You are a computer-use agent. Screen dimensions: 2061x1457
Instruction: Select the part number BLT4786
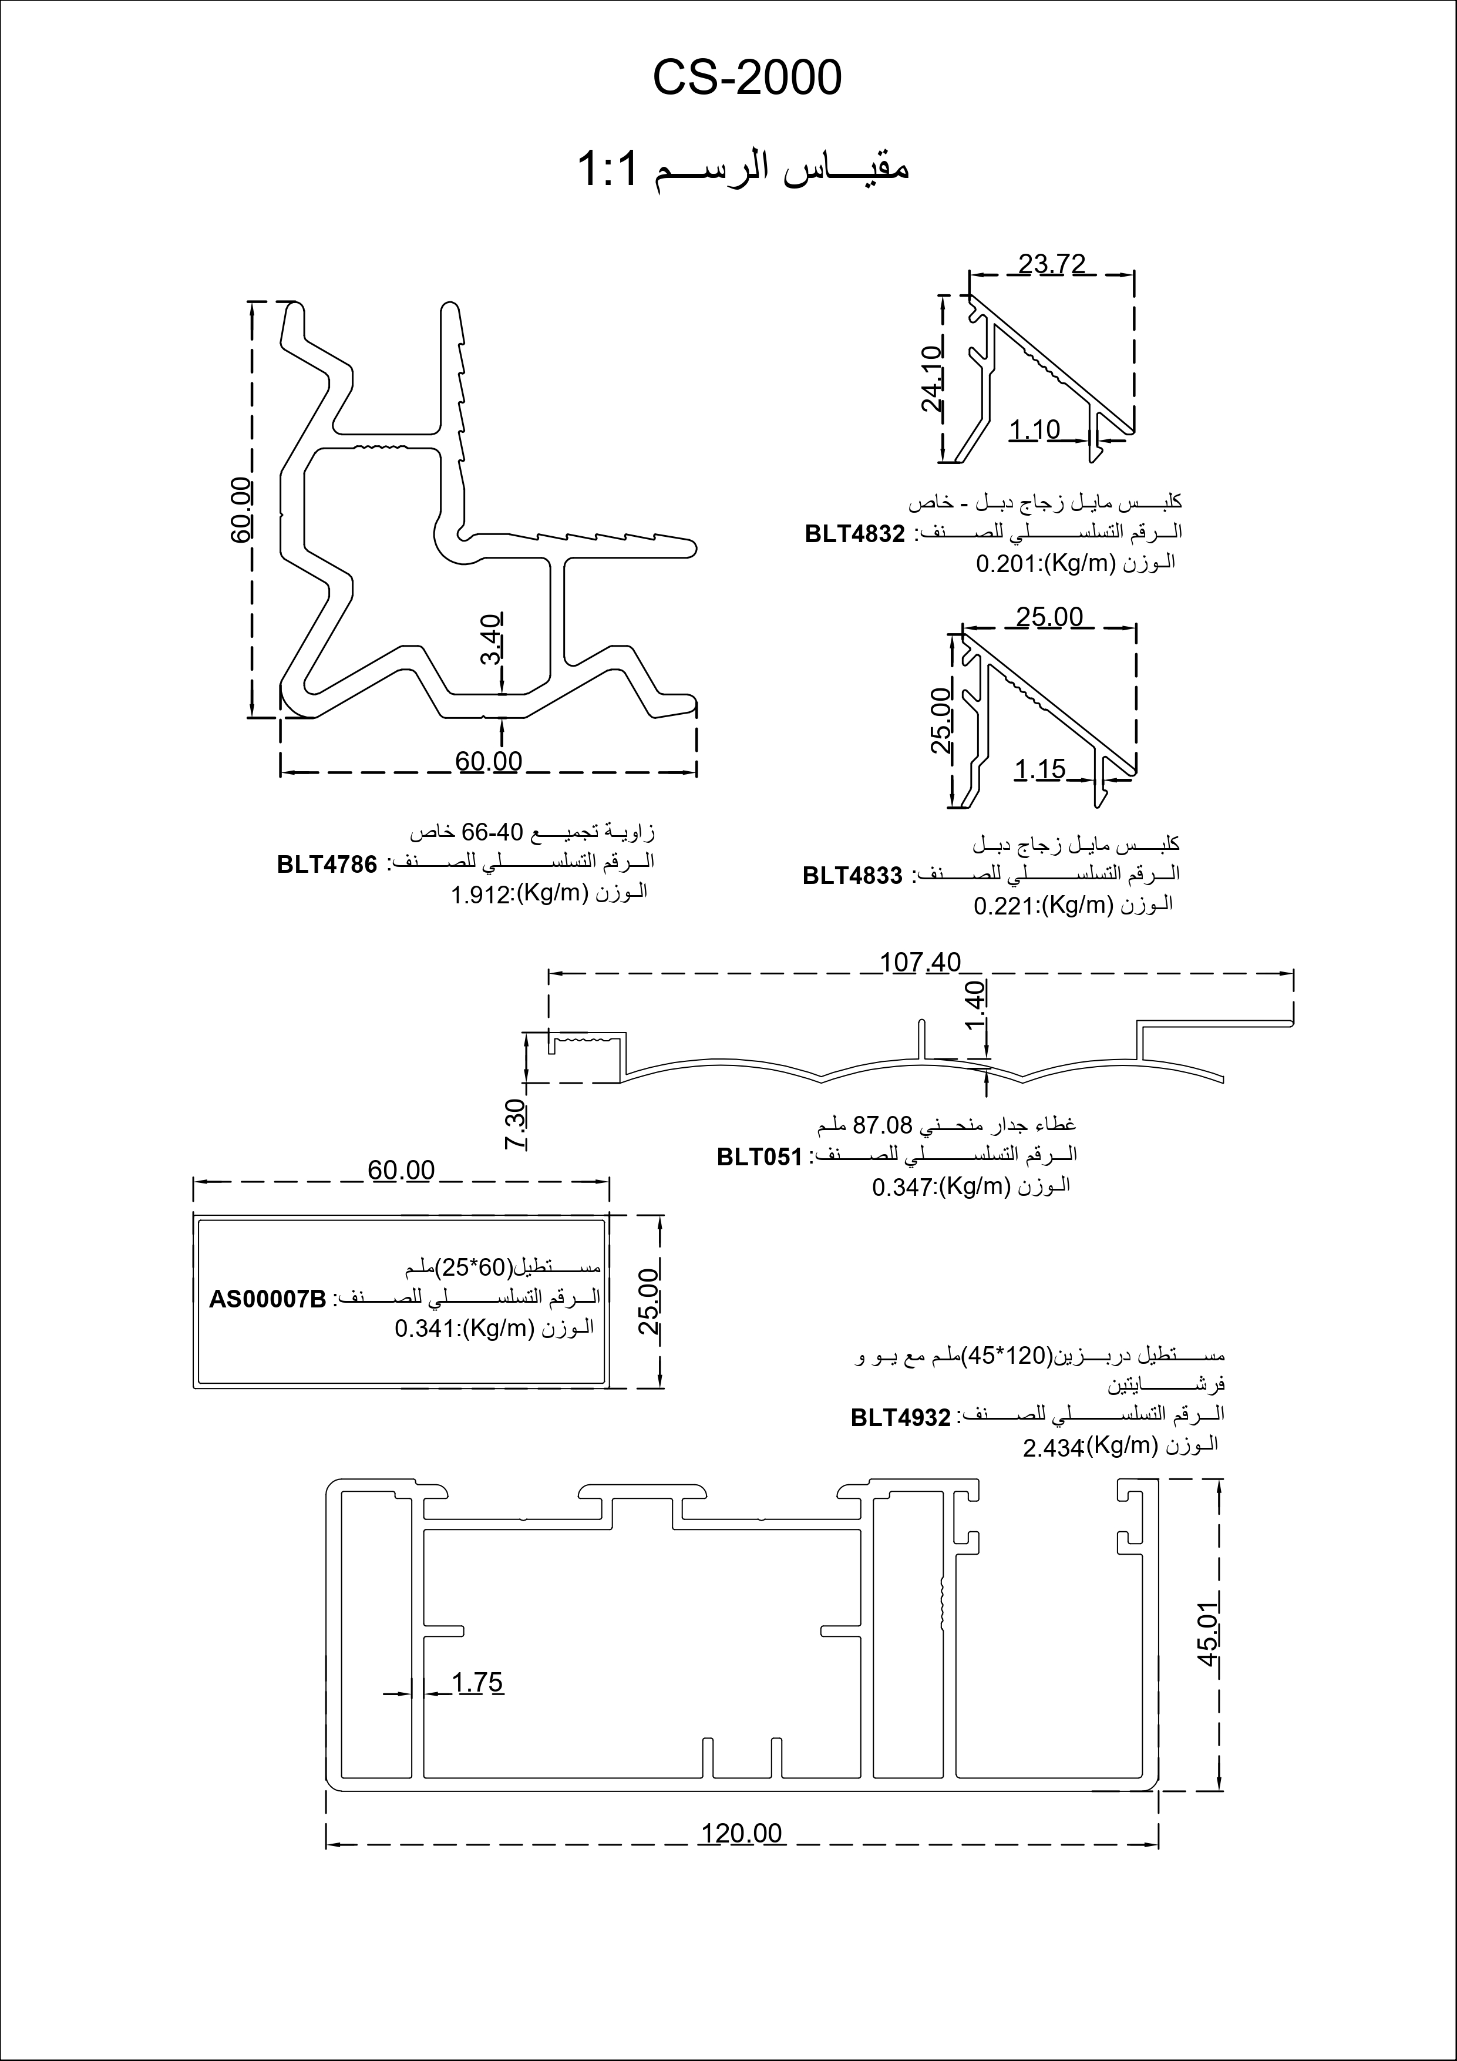click(327, 865)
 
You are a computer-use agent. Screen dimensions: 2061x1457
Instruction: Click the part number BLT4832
click(854, 534)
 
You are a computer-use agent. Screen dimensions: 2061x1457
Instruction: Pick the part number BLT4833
click(852, 875)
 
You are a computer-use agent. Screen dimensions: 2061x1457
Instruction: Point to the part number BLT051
click(759, 1156)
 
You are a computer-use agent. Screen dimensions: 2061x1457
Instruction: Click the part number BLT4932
click(900, 1417)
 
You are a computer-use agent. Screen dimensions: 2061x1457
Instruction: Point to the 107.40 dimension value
click(920, 962)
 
